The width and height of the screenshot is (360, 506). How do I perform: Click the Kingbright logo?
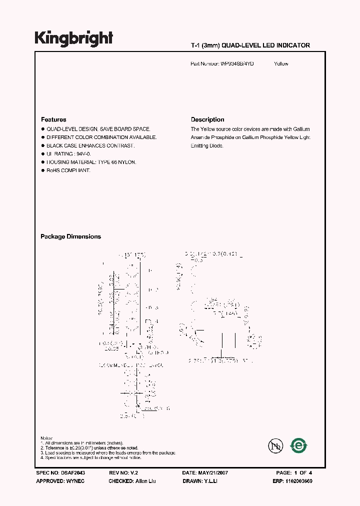pyautogui.click(x=73, y=38)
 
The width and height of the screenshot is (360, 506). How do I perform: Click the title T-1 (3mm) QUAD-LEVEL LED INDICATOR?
pyautogui.click(x=250, y=45)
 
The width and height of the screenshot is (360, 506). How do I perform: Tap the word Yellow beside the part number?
pyautogui.click(x=281, y=64)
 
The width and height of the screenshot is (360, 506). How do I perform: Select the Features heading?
pyautogui.click(x=53, y=119)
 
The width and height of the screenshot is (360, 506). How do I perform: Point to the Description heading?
pyautogui.click(x=207, y=119)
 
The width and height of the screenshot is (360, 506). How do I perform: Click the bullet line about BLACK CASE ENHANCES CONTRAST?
pyautogui.click(x=90, y=145)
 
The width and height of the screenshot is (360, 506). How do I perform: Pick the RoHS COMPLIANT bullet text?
pyautogui.click(x=68, y=170)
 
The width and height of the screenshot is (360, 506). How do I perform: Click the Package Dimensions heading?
pyautogui.click(x=70, y=236)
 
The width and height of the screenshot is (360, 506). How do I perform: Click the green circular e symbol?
pyautogui.click(x=299, y=445)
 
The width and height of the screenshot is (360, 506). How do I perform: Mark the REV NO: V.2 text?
pyautogui.click(x=123, y=472)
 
